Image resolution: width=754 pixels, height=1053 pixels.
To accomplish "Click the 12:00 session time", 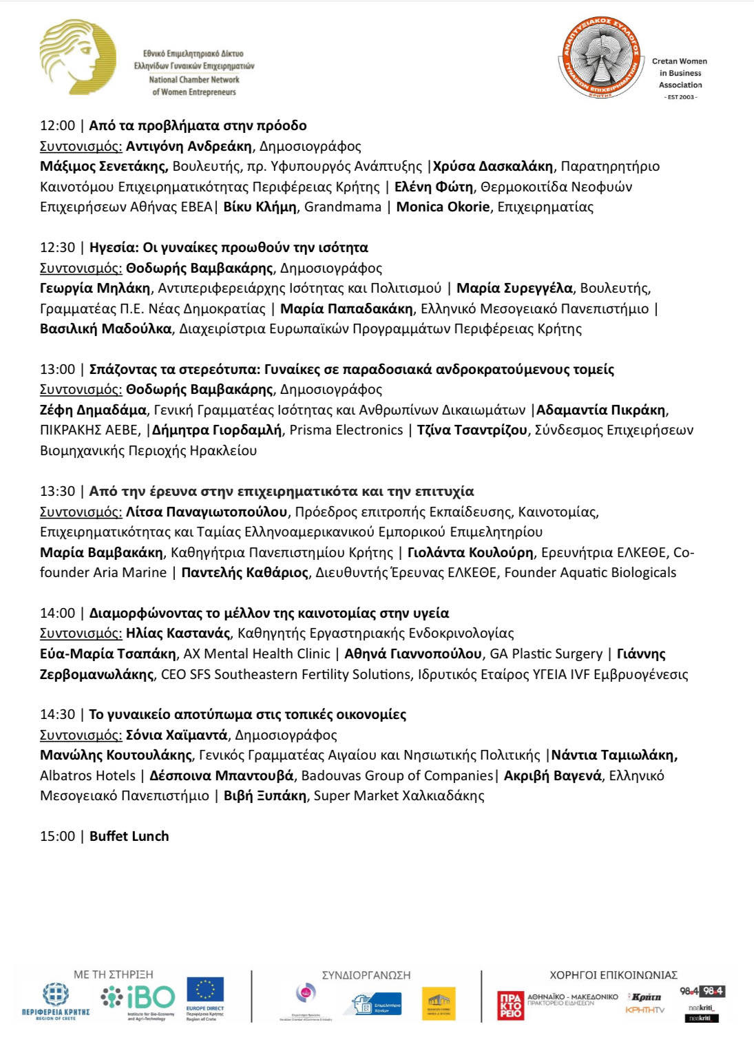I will [x=57, y=126].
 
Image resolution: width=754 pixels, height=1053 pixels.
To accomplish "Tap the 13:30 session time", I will [x=57, y=492].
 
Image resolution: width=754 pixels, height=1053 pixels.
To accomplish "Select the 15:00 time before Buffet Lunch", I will [x=57, y=837].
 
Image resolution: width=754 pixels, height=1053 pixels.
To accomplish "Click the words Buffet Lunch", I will [x=129, y=837].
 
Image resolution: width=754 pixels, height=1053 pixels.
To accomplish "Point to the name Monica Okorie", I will [x=443, y=207].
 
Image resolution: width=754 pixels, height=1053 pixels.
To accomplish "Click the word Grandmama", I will [x=342, y=207].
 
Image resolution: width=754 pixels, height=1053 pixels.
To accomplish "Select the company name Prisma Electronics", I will [x=346, y=430].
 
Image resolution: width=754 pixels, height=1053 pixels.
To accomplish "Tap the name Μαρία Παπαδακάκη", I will [x=346, y=309].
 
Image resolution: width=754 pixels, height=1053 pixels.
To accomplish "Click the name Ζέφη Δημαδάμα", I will [x=93, y=410].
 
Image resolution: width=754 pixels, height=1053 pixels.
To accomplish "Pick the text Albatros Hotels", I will [x=87, y=775].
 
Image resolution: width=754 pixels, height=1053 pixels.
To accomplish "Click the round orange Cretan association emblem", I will [x=598, y=61].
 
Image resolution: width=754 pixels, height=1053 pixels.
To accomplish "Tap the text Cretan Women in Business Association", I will [x=680, y=73].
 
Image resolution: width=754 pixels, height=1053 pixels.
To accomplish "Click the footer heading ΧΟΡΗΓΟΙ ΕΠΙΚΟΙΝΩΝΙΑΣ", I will [x=614, y=975].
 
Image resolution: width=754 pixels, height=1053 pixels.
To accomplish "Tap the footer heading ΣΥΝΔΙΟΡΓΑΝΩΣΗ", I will [x=366, y=975].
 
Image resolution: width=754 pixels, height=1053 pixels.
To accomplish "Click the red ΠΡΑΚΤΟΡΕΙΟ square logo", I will [x=510, y=1005].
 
